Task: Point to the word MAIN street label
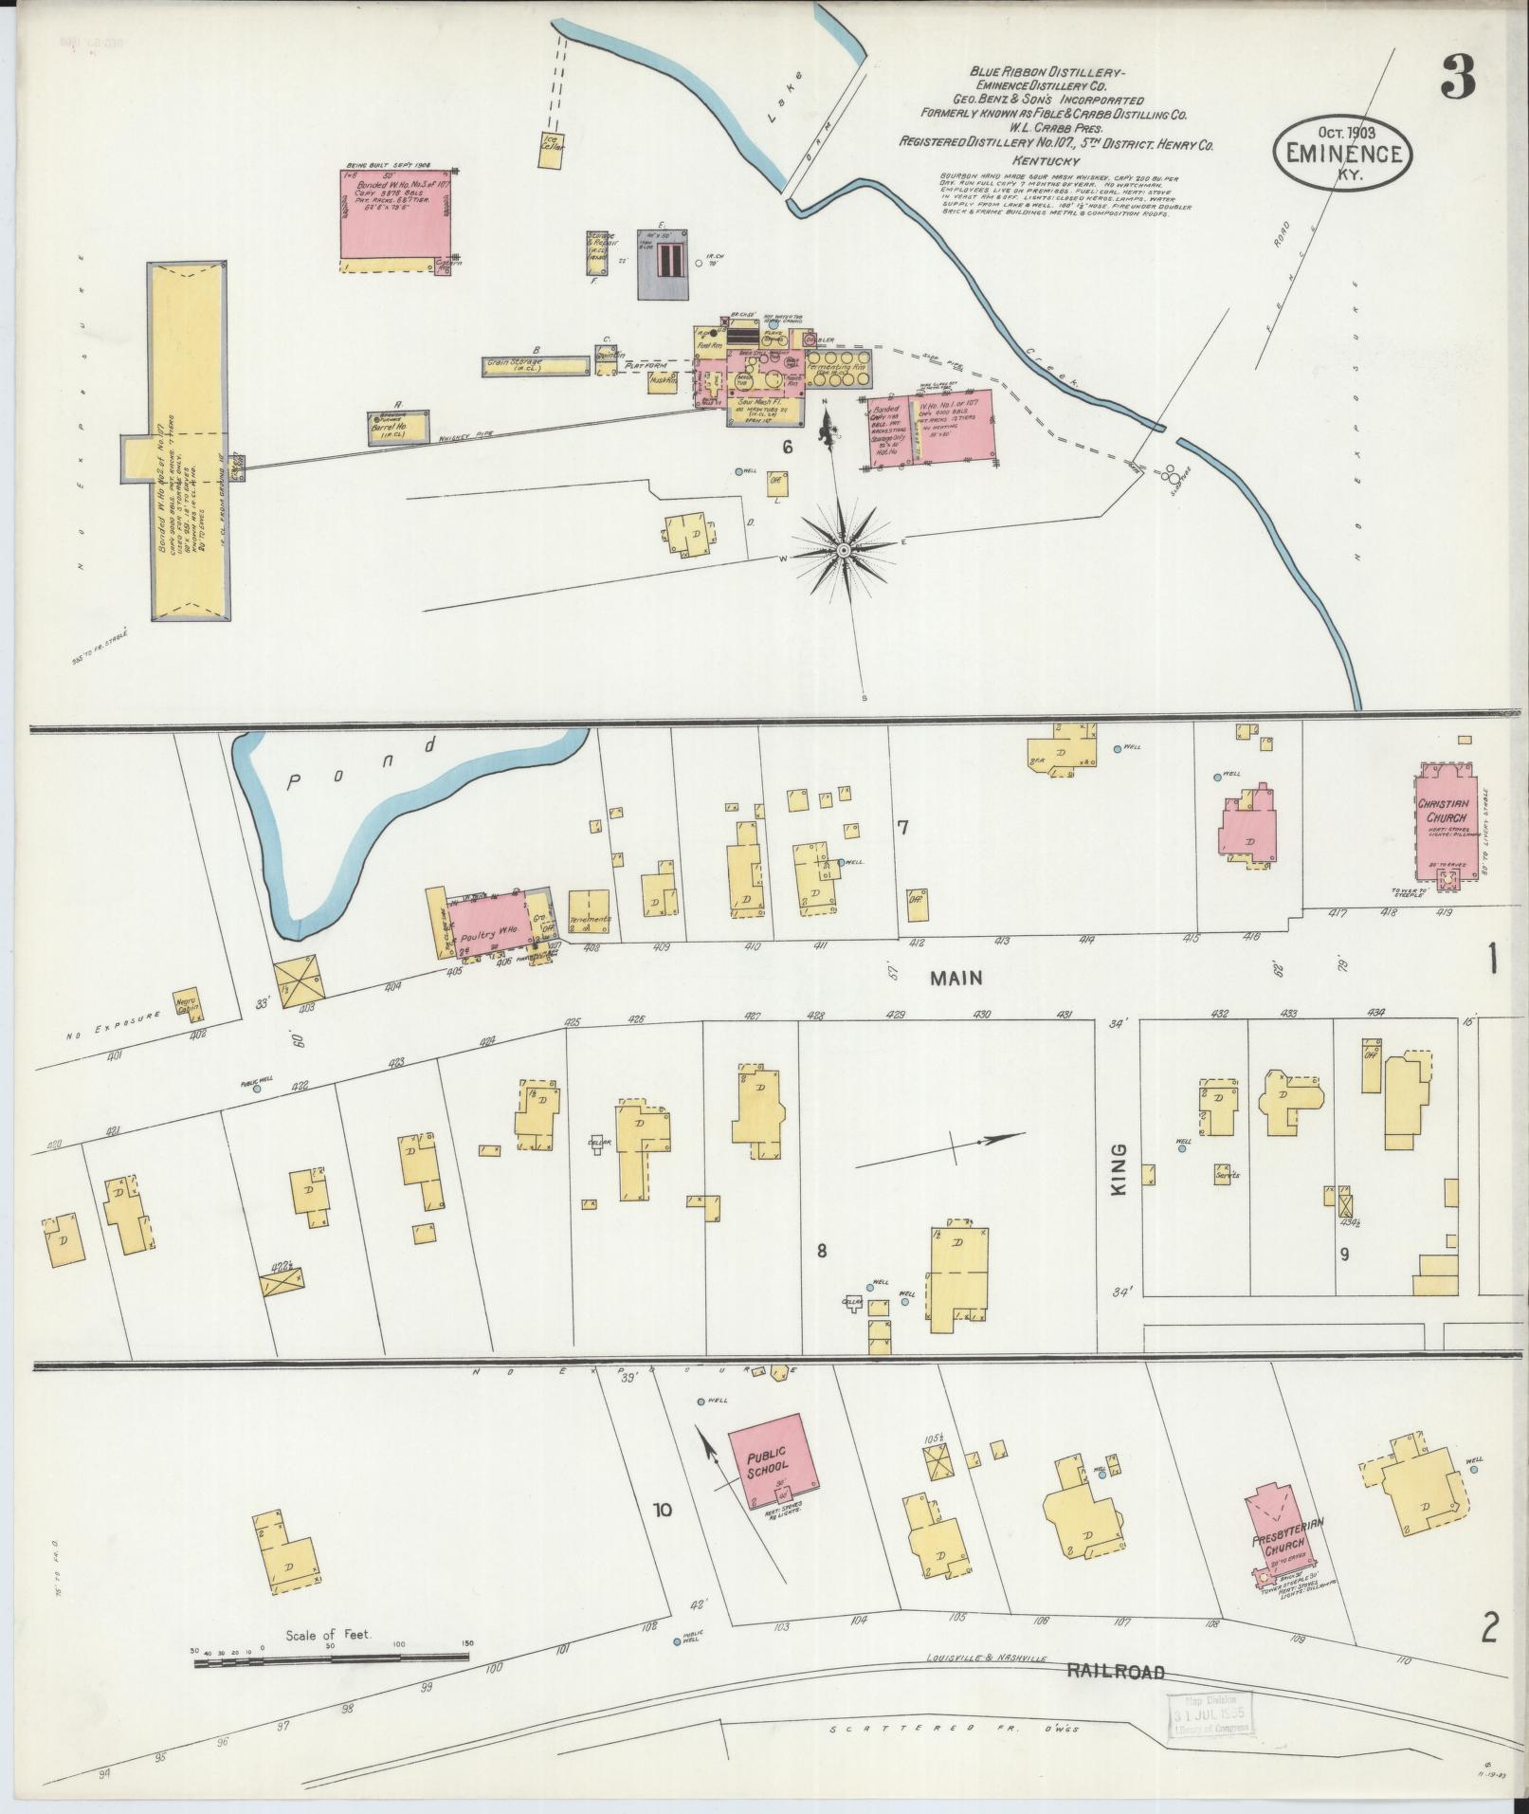(x=956, y=978)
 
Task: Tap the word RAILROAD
(x=1115, y=1672)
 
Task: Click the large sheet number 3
(x=1457, y=78)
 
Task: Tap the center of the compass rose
(x=843, y=550)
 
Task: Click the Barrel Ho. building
(x=398, y=429)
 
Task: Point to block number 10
(x=662, y=1510)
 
